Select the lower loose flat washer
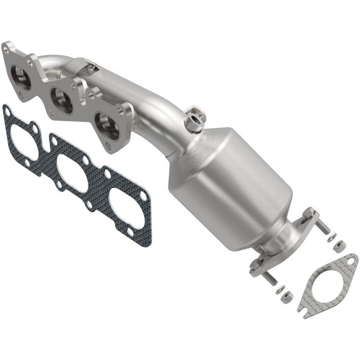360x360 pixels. [280, 290]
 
